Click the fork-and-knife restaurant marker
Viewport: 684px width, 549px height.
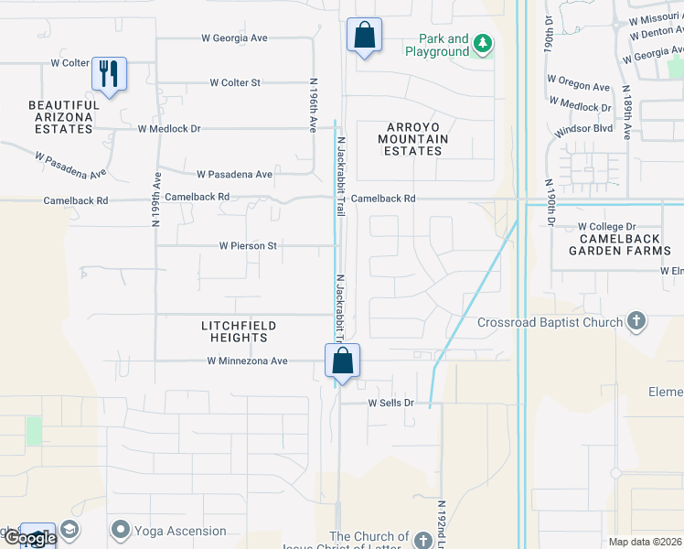point(109,73)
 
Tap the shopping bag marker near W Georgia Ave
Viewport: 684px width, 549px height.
point(364,36)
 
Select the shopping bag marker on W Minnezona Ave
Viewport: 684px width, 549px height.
point(342,361)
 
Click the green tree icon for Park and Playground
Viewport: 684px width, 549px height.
point(482,45)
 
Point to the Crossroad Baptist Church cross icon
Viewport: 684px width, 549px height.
point(636,321)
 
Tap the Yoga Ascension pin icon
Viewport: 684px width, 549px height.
point(120,530)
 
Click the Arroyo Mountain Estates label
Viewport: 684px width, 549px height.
point(412,138)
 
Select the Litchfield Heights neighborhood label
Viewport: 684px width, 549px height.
point(239,331)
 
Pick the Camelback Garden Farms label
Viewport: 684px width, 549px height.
point(619,243)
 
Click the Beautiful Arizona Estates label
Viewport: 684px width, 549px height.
point(61,117)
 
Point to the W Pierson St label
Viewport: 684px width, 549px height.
point(247,246)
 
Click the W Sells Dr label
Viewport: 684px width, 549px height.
point(391,403)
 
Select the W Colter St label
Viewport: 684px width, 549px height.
point(235,82)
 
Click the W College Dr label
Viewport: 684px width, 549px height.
point(606,226)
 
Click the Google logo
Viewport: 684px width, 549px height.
point(29,538)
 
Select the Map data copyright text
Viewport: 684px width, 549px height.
point(645,542)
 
